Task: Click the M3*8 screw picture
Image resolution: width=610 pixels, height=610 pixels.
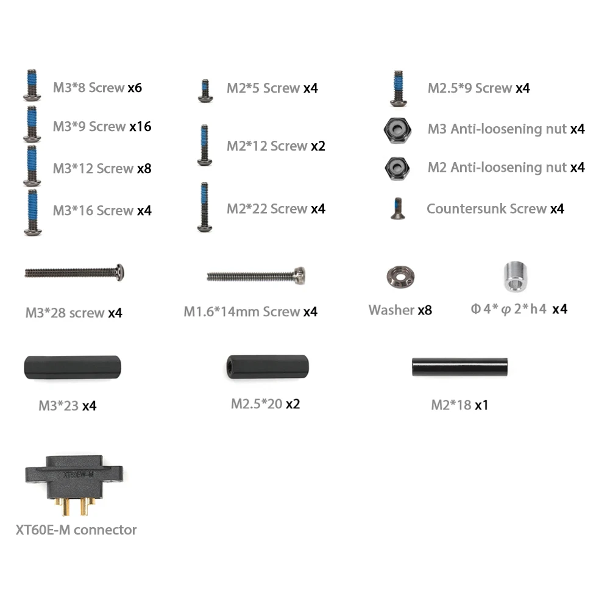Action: click(32, 85)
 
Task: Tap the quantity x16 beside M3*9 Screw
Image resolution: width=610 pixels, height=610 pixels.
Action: click(140, 127)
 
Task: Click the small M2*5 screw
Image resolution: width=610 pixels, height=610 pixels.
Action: click(205, 90)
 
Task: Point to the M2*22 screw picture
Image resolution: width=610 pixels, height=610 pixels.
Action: click(205, 207)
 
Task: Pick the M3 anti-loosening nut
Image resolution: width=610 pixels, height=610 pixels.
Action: click(397, 129)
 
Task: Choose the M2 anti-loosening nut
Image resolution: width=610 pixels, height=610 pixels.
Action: click(397, 167)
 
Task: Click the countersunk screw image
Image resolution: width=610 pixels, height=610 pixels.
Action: click(397, 209)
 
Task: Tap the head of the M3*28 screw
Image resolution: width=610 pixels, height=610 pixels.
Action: click(119, 272)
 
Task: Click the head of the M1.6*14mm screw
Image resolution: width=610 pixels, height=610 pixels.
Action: click(299, 275)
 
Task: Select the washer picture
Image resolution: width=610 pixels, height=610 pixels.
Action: click(400, 277)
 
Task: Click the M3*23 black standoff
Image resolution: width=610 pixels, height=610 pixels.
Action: click(72, 369)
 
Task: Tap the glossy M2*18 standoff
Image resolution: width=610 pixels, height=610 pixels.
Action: click(459, 367)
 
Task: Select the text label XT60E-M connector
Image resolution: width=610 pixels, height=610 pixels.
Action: click(76, 530)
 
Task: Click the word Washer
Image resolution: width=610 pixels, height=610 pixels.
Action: click(391, 310)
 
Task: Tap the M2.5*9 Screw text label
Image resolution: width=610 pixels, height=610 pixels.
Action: click(469, 88)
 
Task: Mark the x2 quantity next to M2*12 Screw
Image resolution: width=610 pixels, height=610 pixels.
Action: click(318, 146)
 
